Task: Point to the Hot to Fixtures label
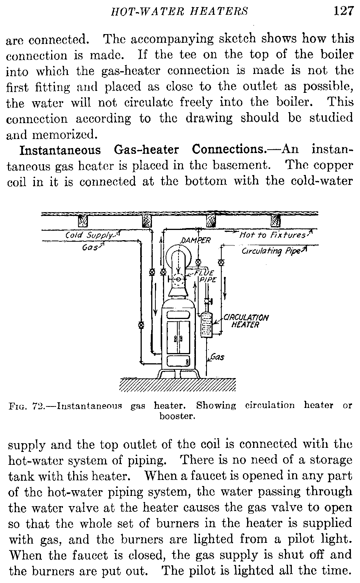(272, 235)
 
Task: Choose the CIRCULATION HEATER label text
(246, 321)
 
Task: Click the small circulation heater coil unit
(207, 324)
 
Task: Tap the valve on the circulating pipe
(221, 262)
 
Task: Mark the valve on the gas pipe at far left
(141, 325)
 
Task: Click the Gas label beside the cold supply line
(89, 247)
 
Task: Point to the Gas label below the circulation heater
(217, 357)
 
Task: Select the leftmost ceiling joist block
(83, 220)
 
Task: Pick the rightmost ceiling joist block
(275, 220)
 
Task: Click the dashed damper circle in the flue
(178, 280)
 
